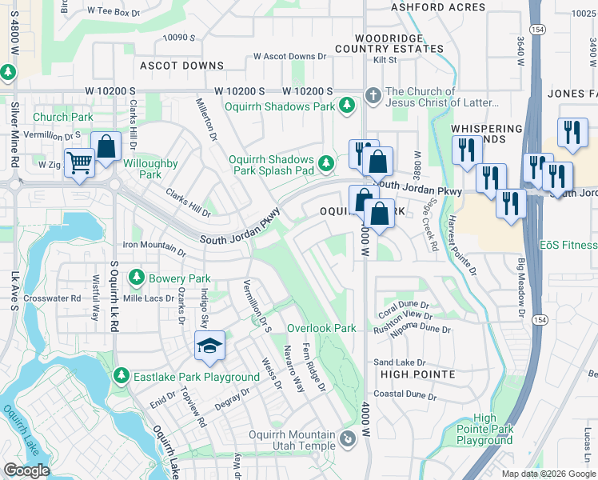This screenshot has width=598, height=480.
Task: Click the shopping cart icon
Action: tap(79, 163)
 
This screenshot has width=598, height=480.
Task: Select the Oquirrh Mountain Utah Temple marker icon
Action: tap(348, 438)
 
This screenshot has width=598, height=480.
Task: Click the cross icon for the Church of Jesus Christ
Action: tap(372, 96)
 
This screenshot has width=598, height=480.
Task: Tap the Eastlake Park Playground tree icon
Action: tap(122, 376)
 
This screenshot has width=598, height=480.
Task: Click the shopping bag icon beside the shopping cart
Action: tap(106, 146)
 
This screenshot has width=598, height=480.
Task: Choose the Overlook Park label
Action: tap(321, 328)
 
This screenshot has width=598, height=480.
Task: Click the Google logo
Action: tap(26, 470)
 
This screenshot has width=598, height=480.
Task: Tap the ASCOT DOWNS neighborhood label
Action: tap(181, 65)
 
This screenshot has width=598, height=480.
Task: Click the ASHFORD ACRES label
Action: tap(438, 7)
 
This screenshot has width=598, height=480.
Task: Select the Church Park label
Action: tap(63, 117)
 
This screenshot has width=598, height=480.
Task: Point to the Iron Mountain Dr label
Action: tap(153, 247)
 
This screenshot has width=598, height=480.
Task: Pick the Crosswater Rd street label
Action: tap(53, 298)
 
